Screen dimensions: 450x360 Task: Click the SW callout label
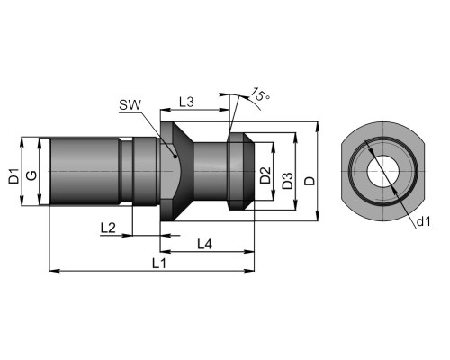pos(130,105)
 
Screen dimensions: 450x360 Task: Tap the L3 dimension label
pos(186,103)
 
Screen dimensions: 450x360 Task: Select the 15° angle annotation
pos(260,94)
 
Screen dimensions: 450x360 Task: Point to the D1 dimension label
pos(13,176)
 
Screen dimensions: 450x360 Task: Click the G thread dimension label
pos(31,175)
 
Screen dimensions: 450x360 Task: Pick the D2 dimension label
pos(265,175)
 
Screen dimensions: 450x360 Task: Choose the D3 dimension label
pos(288,181)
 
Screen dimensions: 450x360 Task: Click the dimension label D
pos(310,181)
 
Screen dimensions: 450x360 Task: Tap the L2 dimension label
pos(108,229)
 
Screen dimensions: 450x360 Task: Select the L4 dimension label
pos(205,244)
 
